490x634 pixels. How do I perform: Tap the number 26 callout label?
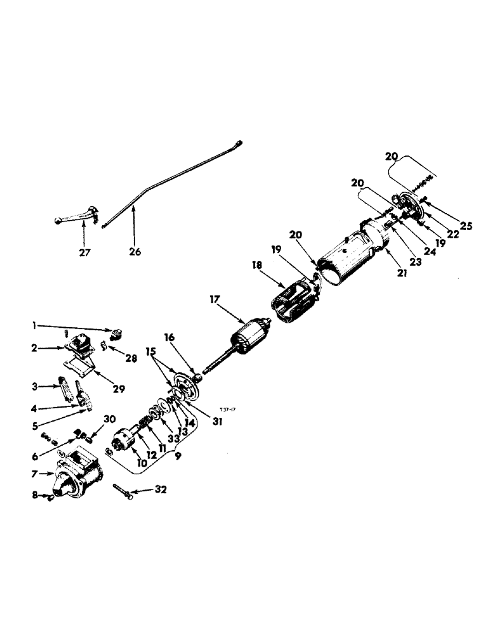[x=134, y=252]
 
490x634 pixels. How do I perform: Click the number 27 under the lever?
[x=85, y=252]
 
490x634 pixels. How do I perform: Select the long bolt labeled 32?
[x=124, y=489]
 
